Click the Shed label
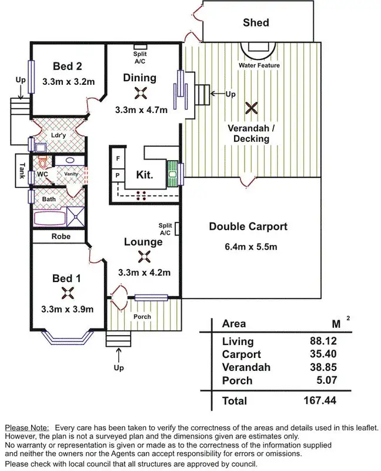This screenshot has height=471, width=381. pos(256,23)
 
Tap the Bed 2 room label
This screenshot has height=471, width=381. pos(67,66)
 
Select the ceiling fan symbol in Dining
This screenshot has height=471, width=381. pos(140,93)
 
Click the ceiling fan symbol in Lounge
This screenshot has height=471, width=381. pos(143,256)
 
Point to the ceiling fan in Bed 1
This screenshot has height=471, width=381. pos(67,293)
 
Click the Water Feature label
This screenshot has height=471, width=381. pos(259,65)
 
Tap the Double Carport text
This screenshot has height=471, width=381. pos(248,227)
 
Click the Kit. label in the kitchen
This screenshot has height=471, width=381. pos(145,175)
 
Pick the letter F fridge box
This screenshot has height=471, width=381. pos(118,159)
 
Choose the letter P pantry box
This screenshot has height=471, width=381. pos(118,175)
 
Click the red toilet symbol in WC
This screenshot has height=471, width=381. pos(41,160)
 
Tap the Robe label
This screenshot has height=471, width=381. pos(61,237)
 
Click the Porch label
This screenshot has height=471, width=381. pos(142,317)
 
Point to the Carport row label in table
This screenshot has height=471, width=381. pos(241,354)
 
